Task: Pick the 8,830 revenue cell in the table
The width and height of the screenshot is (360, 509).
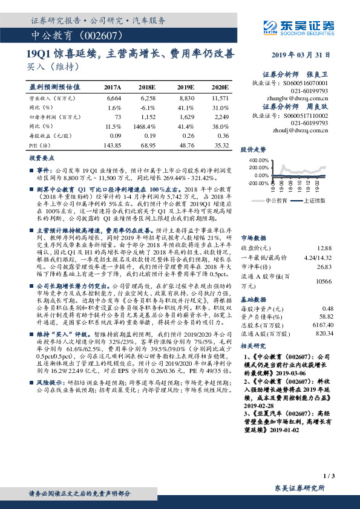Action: pos(188,97)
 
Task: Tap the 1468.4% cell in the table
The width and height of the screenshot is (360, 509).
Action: pos(149,126)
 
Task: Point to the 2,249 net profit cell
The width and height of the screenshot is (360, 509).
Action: pos(221,117)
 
